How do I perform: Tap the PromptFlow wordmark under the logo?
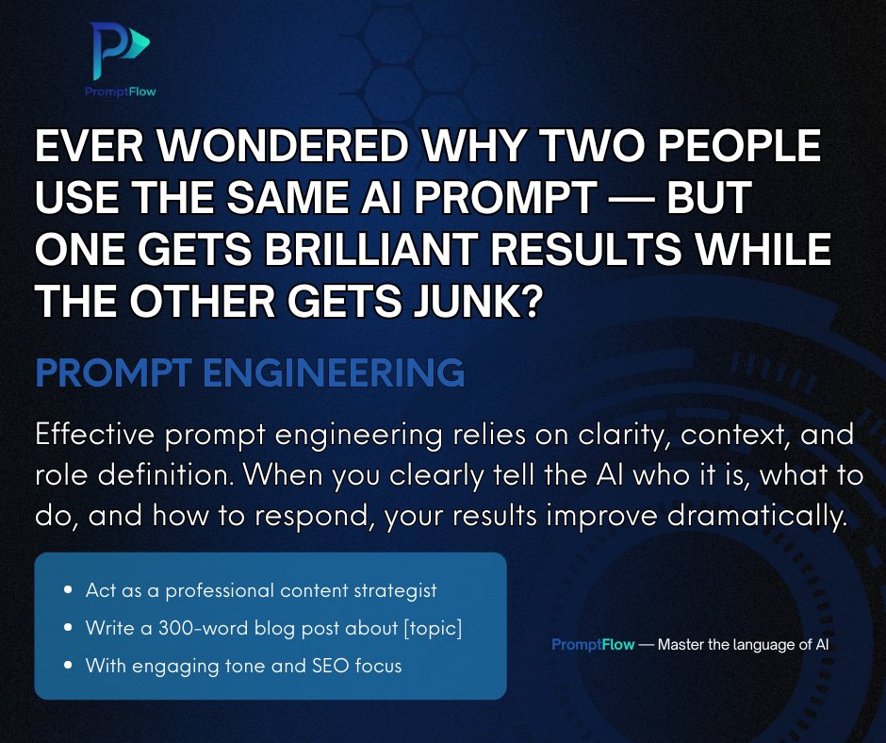click(x=119, y=92)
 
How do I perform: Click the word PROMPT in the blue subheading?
click(x=114, y=373)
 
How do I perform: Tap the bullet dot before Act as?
click(x=68, y=591)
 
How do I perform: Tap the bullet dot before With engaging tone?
click(x=68, y=666)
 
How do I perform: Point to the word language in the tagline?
click(x=749, y=645)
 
